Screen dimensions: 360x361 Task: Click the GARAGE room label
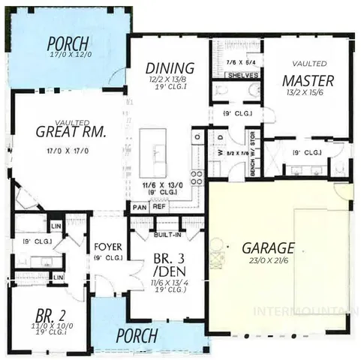pyautogui.click(x=267, y=247)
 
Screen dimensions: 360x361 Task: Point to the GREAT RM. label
pyautogui.click(x=71, y=132)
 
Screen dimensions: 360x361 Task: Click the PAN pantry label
pyautogui.click(x=139, y=207)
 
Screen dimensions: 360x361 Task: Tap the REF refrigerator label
pyautogui.click(x=158, y=207)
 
